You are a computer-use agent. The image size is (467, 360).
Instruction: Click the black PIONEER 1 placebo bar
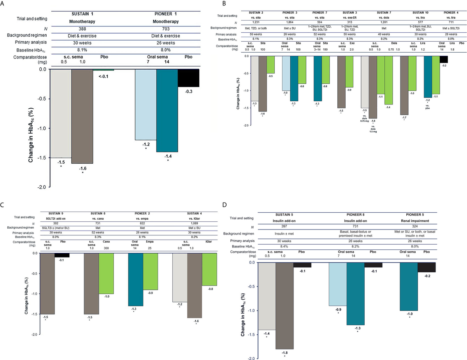point(188,78)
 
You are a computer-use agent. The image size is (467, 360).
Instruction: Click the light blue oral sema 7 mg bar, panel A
point(145,104)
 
